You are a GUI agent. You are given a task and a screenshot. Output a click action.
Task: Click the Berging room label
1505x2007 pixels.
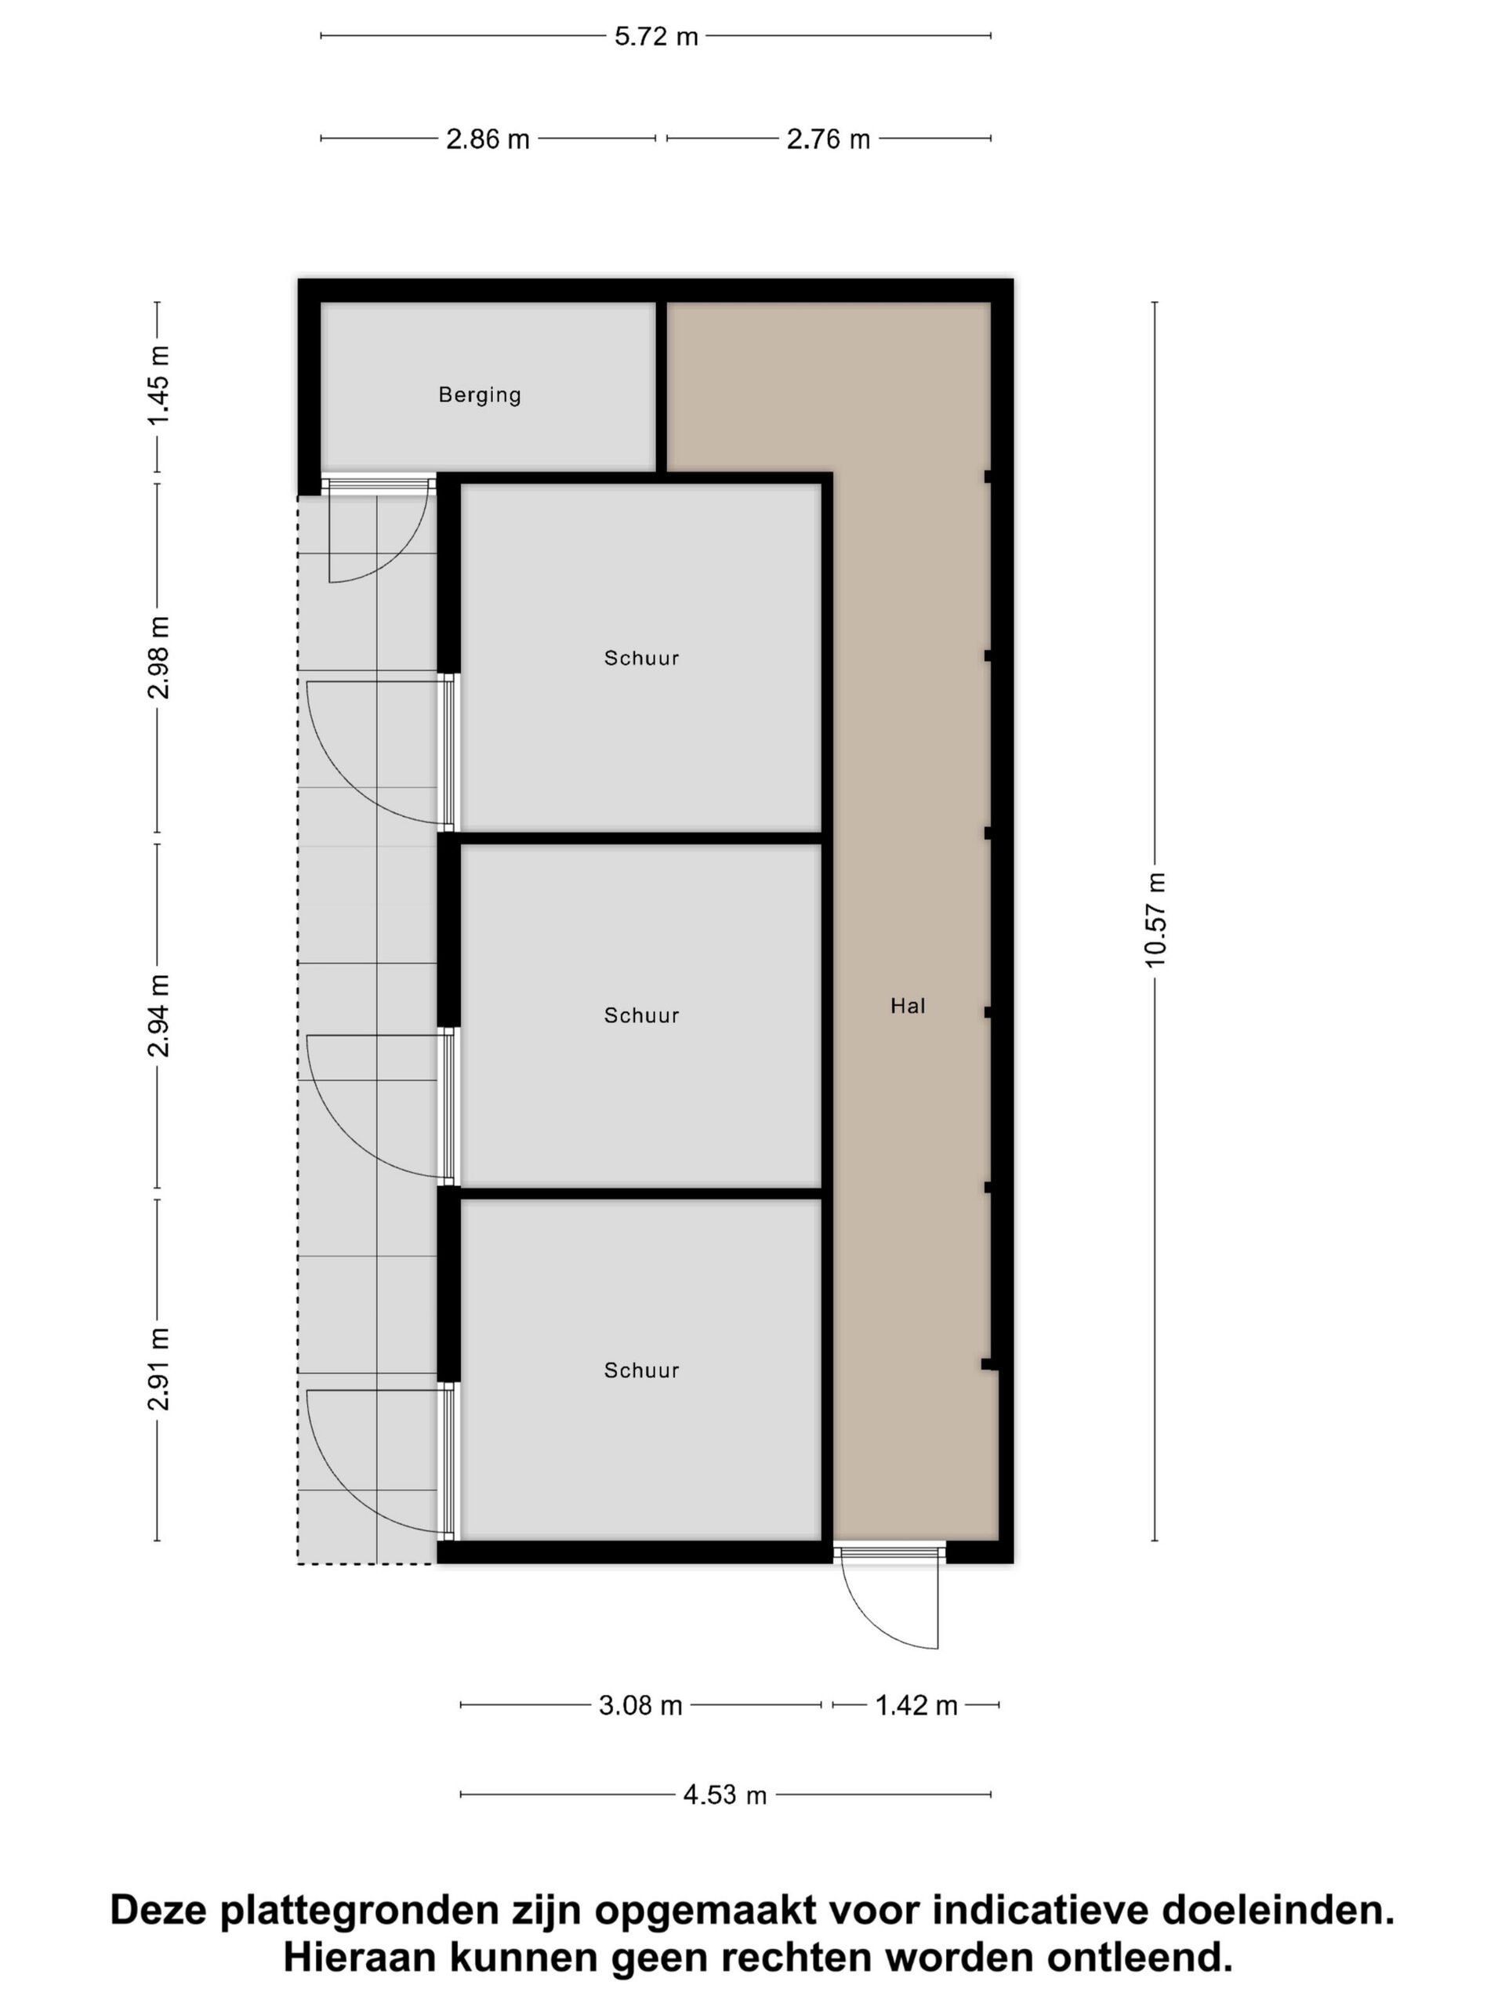[479, 394]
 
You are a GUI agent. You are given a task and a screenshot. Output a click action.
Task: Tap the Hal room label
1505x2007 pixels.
[907, 1005]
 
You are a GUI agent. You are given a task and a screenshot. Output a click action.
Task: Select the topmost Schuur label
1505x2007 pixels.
[641, 658]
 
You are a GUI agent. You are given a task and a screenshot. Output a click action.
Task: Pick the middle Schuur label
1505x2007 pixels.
[641, 1015]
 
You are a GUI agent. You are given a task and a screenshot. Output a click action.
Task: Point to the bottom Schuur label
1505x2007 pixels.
[641, 1370]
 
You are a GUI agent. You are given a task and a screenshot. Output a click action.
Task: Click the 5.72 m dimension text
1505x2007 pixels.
[656, 36]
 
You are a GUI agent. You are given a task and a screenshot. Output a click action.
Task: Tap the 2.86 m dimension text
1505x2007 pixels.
[487, 139]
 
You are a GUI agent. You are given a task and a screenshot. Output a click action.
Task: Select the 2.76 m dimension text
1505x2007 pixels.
[829, 139]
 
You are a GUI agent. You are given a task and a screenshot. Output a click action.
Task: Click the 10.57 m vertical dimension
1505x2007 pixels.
[1155, 920]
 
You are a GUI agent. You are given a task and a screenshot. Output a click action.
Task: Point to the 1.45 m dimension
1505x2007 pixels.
[158, 386]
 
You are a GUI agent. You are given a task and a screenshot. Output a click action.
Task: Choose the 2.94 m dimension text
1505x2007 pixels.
[158, 1015]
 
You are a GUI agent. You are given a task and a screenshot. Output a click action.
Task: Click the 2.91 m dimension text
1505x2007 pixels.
[158, 1369]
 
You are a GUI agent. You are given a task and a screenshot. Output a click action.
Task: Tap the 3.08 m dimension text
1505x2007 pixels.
[640, 1706]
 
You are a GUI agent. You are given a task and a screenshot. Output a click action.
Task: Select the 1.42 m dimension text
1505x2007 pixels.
[916, 1706]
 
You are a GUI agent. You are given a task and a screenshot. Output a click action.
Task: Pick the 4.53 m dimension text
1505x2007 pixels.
[725, 1795]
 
